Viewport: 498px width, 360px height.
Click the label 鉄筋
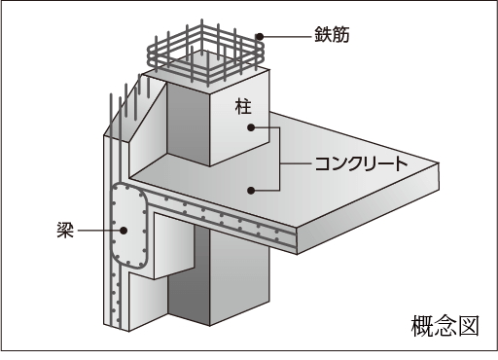(332, 35)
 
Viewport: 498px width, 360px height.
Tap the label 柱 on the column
(243, 107)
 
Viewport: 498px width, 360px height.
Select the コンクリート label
(361, 163)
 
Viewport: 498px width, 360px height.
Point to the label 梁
(65, 231)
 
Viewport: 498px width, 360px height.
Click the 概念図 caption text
(445, 326)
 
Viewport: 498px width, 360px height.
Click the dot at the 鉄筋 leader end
(259, 37)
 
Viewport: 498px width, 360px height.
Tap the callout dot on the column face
(251, 127)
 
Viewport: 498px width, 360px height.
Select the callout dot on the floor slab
(251, 191)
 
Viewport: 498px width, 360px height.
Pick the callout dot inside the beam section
(124, 231)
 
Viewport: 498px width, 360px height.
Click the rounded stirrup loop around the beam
(112, 227)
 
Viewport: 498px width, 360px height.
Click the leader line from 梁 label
(98, 231)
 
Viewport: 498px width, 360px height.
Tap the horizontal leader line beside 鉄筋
(287, 37)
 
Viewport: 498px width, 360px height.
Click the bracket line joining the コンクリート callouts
(279, 159)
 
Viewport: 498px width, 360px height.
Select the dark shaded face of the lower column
(189, 275)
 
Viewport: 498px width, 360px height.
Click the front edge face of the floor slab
(368, 208)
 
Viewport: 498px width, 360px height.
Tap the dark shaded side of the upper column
(188, 125)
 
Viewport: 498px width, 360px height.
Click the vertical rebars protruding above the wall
(129, 100)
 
